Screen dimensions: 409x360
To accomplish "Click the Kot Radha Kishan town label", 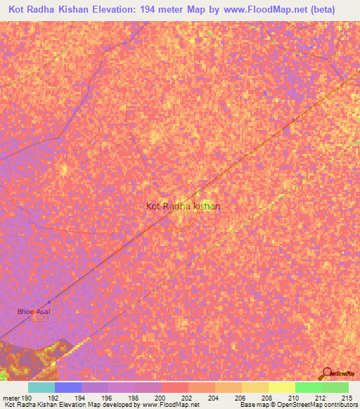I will tap(183, 206).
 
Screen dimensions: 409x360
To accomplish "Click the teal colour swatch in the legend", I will tap(41, 387).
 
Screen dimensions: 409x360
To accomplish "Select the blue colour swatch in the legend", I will tap(68, 387).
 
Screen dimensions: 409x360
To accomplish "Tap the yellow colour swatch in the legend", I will tap(281, 387).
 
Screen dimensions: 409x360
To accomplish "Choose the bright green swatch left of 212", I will tap(308, 387).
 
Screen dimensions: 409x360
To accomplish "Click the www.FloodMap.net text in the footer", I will tap(170, 405).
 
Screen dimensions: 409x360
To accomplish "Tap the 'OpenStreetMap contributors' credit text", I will tap(321, 405).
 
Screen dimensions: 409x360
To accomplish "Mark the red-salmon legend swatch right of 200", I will tap(174, 387).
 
